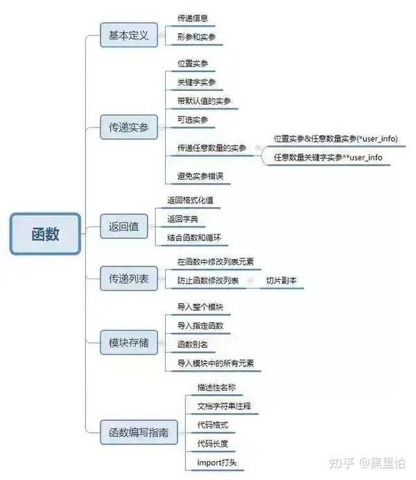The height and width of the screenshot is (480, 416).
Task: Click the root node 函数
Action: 45,234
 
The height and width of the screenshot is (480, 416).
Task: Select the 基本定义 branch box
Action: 129,35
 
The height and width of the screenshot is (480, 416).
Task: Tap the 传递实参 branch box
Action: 129,127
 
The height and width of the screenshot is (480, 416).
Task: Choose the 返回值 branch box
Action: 124,226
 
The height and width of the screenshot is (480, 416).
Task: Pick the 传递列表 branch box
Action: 129,278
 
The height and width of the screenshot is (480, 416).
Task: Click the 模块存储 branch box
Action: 129,343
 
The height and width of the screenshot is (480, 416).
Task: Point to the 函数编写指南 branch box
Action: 139,432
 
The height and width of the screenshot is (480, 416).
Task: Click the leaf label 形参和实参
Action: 196,37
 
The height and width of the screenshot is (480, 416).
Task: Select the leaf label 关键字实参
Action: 196,82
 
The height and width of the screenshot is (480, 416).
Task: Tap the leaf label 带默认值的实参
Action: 204,101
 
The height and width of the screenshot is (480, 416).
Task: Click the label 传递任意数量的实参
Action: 211,148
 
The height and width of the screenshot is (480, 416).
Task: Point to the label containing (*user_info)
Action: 336,139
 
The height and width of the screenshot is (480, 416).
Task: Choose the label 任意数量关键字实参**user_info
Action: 328,157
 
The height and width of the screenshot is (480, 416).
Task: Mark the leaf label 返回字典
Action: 182,219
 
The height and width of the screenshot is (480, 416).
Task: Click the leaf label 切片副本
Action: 281,281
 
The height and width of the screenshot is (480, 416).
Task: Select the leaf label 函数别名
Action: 193,344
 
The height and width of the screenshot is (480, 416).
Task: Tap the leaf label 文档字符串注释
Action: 224,406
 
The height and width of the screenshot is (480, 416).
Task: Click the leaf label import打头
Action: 217,462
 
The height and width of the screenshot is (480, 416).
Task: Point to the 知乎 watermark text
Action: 342,463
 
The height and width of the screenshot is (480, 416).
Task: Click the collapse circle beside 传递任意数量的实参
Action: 258,148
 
